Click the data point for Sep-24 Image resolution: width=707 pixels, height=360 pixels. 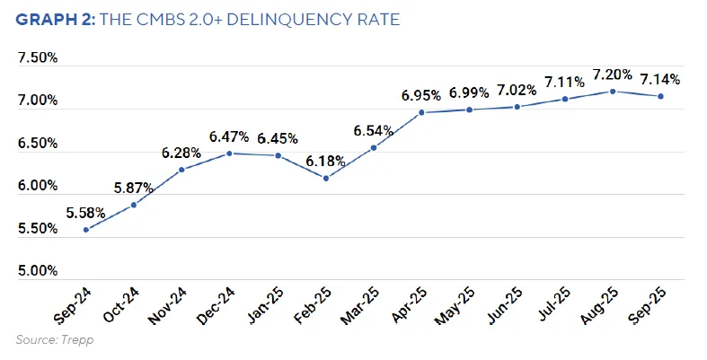(86, 230)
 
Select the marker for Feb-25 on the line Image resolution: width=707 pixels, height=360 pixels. (326, 178)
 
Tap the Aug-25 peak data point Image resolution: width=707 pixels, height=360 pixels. (613, 91)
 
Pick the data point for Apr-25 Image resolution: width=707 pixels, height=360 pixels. (421, 112)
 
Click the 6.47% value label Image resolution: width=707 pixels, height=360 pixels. (230, 136)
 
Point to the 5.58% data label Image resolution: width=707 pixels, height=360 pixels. (86, 213)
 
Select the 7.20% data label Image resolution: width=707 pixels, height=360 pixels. (613, 75)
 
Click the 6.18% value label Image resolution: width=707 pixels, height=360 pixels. (326, 161)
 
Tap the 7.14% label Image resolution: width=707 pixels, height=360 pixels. (661, 79)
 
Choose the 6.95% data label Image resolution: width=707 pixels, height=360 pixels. (421, 95)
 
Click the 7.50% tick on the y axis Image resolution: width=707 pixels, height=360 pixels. (38, 58)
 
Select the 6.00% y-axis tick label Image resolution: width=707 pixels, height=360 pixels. (38, 186)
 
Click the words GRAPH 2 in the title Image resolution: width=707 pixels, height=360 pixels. (51, 19)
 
